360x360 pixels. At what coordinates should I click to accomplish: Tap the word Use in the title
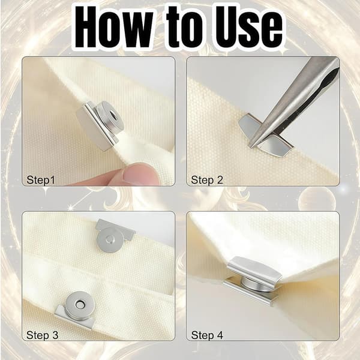click(x=248, y=27)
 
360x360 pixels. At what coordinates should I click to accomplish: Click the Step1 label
click(x=41, y=180)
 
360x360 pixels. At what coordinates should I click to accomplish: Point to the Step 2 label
click(x=207, y=180)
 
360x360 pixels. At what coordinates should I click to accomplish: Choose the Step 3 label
click(x=42, y=335)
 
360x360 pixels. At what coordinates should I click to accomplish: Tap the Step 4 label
click(x=207, y=335)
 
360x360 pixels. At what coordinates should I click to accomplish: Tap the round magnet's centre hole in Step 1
click(x=113, y=114)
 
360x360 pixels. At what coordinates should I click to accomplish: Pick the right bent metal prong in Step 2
click(x=275, y=148)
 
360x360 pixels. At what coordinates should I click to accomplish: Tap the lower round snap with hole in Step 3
click(x=80, y=304)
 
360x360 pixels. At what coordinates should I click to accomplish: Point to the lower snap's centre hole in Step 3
click(x=80, y=305)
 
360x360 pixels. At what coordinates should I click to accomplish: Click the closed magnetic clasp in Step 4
click(x=252, y=281)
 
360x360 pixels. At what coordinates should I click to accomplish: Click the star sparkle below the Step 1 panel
click(x=46, y=191)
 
